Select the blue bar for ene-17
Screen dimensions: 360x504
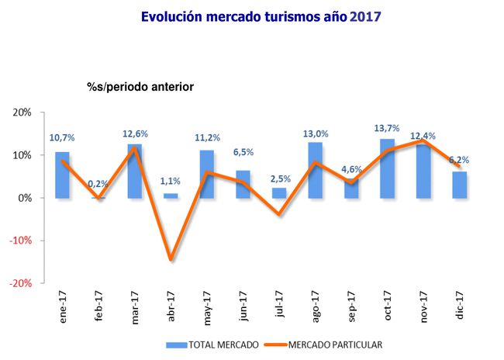coord(62,175)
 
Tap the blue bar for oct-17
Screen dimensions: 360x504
coord(388,169)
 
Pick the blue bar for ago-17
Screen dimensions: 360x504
coord(315,171)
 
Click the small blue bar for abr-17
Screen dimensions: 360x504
coord(171,196)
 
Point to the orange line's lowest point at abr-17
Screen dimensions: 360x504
coord(171,259)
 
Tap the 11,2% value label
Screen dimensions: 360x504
coord(207,139)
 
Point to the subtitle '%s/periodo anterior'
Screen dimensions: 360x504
coord(140,87)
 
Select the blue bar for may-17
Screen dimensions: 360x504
coord(207,175)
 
